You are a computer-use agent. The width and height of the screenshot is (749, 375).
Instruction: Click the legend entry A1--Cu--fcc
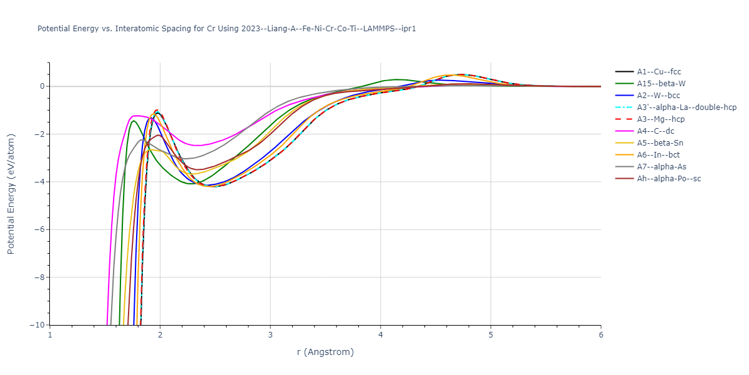(659, 72)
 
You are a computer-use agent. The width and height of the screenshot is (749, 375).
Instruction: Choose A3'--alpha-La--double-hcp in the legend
(687, 107)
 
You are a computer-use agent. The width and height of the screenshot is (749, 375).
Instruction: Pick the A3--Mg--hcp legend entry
(663, 119)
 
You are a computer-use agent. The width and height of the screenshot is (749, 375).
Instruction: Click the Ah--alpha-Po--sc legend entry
(668, 179)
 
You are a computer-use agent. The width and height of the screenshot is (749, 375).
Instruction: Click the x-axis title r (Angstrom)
(325, 352)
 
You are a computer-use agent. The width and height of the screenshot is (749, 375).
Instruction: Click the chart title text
(227, 29)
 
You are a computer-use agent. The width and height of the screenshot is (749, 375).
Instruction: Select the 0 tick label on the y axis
(42, 86)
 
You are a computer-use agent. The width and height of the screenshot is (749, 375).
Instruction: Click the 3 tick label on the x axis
(270, 336)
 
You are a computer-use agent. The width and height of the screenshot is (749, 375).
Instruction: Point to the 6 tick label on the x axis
(600, 336)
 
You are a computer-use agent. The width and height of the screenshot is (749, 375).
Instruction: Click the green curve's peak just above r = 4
(397, 79)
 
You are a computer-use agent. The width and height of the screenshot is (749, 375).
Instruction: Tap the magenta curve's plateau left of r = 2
(137, 116)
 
